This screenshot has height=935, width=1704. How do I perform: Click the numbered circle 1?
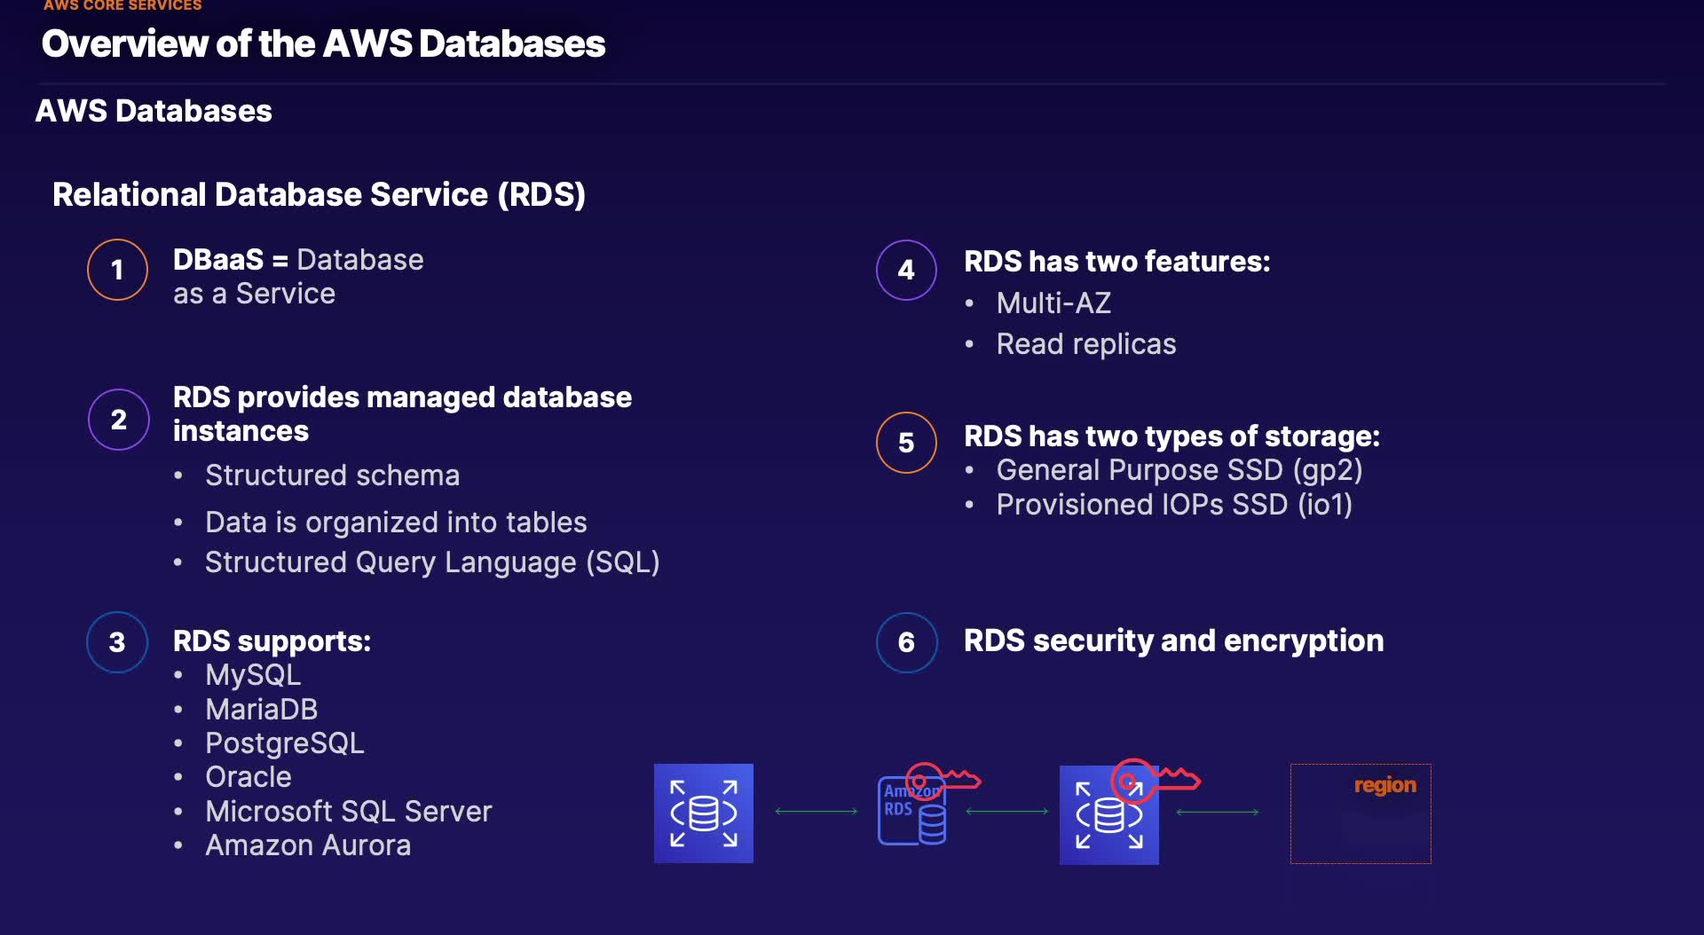point(117,270)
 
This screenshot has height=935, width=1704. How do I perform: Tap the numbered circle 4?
point(905,270)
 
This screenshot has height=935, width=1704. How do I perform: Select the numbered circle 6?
point(905,642)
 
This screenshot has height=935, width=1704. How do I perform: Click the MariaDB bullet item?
point(261,710)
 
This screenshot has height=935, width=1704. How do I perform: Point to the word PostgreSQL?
point(284,743)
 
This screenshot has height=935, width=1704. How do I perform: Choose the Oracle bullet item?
point(248,777)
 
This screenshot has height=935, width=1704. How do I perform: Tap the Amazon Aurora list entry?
point(307,845)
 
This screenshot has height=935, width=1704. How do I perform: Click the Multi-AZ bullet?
point(1053,303)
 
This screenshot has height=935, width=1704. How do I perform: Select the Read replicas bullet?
point(1085,344)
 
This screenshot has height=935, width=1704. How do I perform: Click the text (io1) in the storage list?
point(1324,505)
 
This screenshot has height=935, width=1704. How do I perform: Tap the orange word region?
point(1384,785)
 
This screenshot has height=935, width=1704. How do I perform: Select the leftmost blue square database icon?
point(703,813)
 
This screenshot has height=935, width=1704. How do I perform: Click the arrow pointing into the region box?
point(1217,812)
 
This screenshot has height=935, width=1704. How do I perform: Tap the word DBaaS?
point(217,260)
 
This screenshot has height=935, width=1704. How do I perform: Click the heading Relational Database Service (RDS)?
point(319,194)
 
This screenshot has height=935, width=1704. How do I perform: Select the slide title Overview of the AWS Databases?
point(323,43)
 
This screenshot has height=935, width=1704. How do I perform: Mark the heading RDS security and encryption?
point(1173,640)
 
